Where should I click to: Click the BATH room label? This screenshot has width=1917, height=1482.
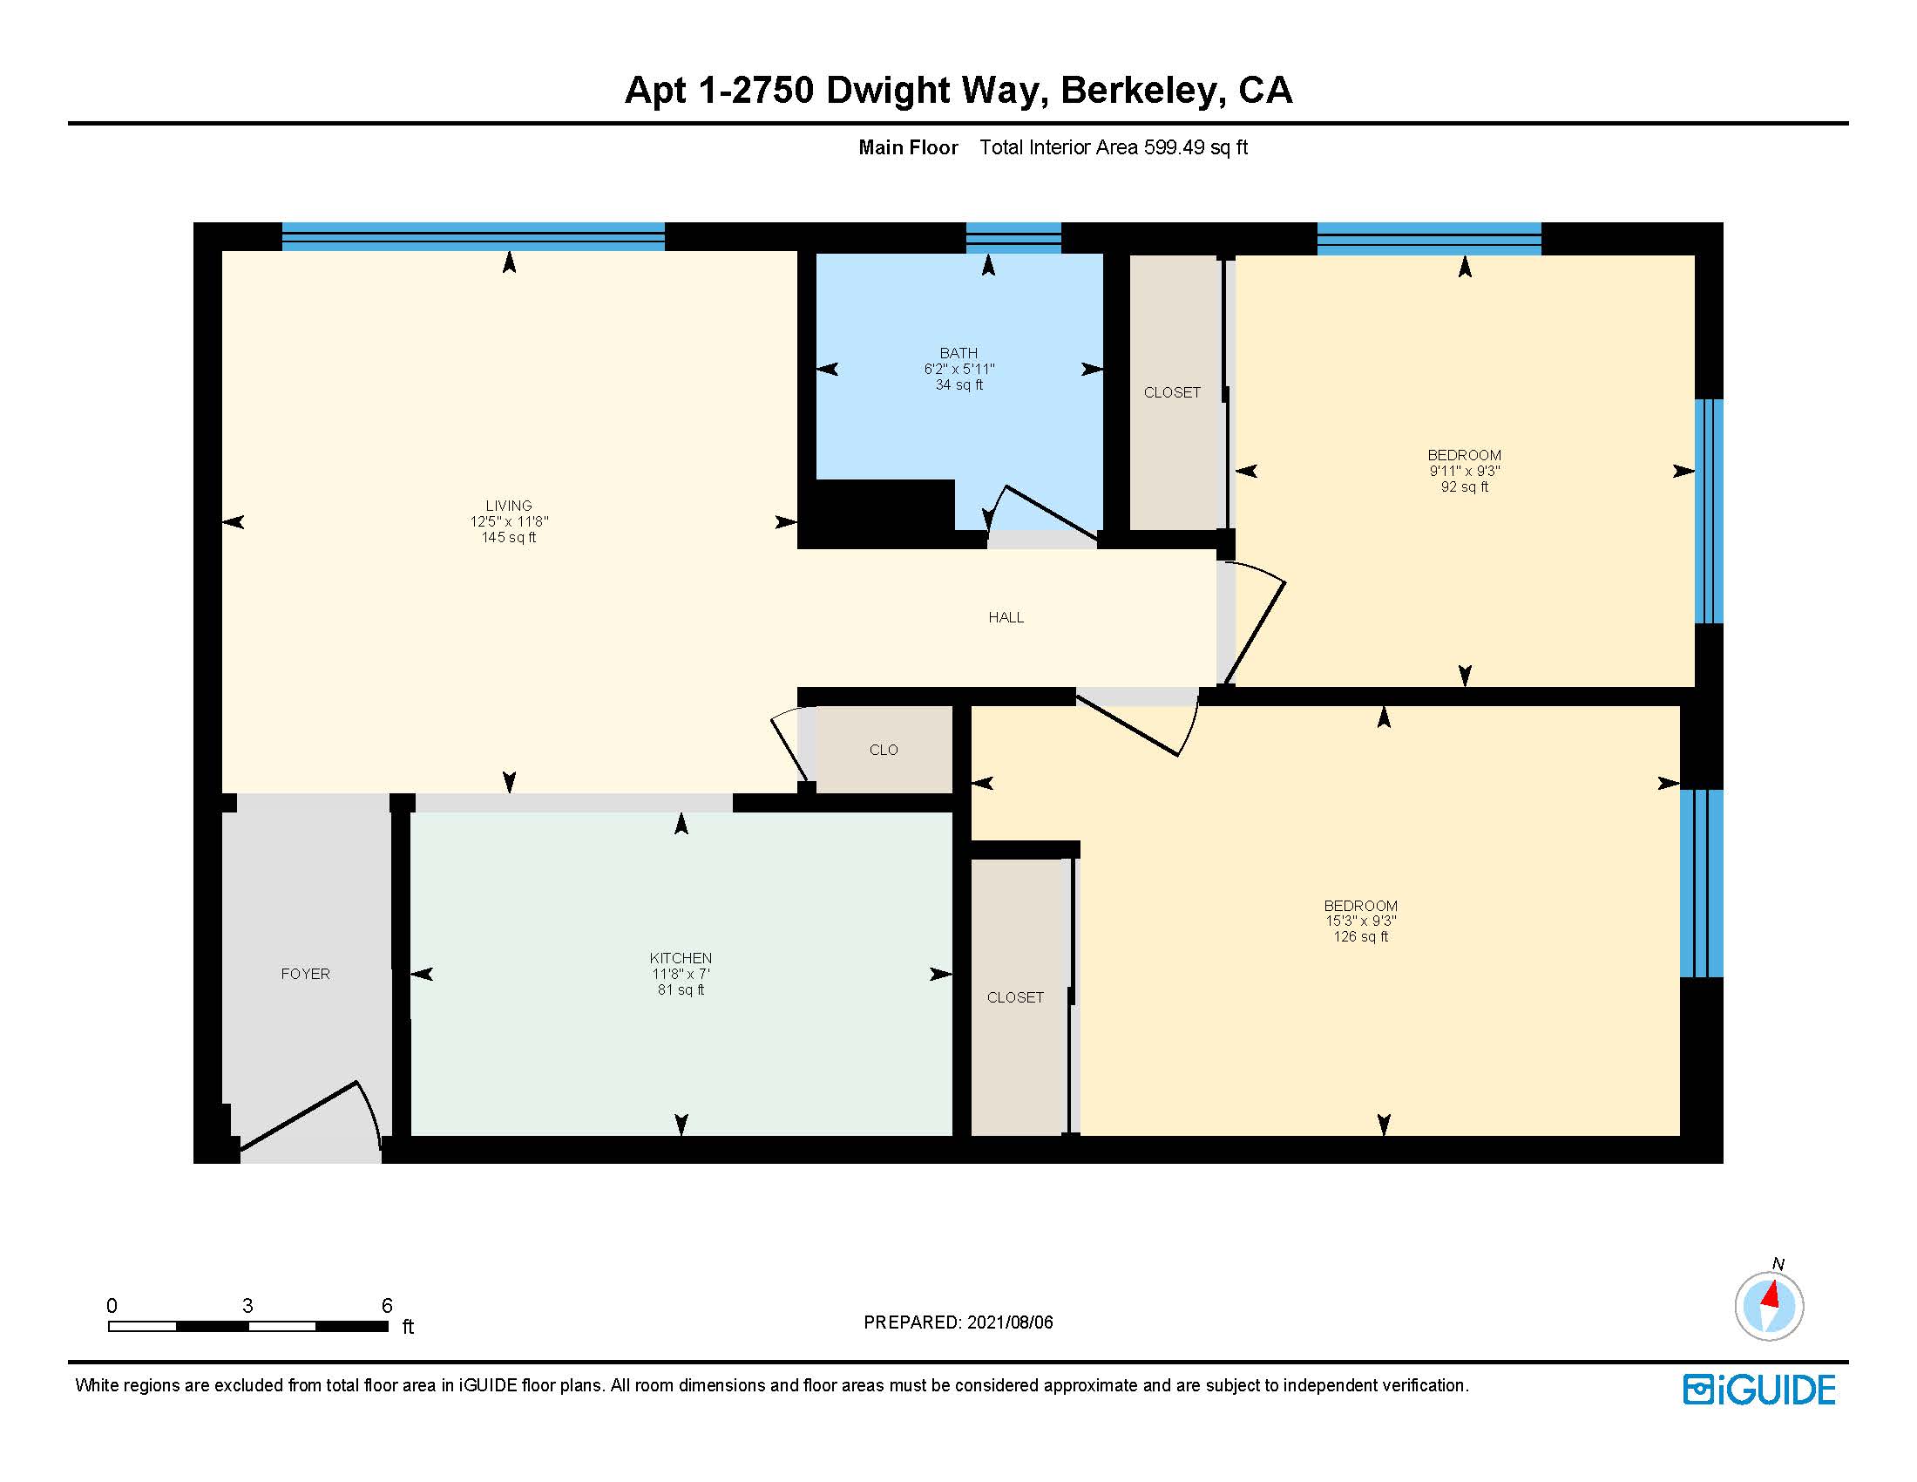pos(958,353)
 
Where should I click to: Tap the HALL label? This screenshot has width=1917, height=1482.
pos(1006,617)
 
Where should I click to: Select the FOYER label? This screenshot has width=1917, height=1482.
pos(305,974)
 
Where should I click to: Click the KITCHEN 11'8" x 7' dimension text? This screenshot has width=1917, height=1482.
pos(681,974)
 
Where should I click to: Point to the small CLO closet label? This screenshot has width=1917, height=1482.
pos(883,750)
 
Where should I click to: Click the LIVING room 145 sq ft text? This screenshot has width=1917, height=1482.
pos(508,537)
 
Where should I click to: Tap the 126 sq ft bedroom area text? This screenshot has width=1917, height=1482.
pos(1360,937)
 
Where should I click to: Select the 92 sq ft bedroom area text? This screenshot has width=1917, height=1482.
pos(1464,486)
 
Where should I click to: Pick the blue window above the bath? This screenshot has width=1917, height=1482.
pos(1013,237)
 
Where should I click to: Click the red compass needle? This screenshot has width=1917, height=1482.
pos(1771,1294)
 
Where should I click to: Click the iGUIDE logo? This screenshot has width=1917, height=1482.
pos(1759,1390)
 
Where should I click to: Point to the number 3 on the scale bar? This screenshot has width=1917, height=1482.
pos(247,1306)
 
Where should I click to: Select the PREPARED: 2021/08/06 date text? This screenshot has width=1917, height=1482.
pos(958,1322)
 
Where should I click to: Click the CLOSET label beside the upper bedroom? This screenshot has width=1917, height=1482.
pos(1172,392)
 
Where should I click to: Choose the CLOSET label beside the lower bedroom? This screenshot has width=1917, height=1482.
pos(1014,997)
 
